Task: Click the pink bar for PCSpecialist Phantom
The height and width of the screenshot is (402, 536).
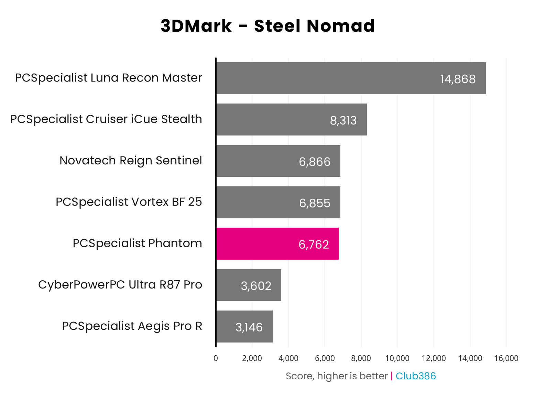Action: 277,243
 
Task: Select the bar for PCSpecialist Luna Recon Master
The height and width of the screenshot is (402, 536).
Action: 351,78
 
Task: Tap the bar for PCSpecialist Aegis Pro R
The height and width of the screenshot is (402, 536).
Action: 244,326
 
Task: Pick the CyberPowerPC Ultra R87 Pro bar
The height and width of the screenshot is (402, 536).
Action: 249,285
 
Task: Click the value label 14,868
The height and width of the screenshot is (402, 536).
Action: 458,79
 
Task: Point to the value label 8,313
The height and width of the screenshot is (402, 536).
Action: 343,120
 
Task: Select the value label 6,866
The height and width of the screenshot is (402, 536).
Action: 315,162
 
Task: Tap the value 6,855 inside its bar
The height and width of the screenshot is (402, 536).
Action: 315,203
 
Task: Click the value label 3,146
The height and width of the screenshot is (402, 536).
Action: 249,327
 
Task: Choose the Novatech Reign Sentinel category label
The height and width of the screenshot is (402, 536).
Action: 131,161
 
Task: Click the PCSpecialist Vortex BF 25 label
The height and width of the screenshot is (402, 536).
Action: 129,202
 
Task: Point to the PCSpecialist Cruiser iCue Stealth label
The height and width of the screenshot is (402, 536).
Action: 106,119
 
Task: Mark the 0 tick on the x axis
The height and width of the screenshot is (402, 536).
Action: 216,358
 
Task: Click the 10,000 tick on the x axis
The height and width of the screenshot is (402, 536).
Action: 397,358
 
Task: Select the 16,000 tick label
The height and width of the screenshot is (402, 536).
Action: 506,358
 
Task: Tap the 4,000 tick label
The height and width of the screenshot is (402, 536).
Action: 288,358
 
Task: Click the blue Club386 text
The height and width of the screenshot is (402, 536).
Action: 415,376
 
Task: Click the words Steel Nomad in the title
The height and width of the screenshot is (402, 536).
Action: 314,26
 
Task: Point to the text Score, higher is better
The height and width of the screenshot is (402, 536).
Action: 336,376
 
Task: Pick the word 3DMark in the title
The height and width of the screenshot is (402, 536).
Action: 196,26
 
